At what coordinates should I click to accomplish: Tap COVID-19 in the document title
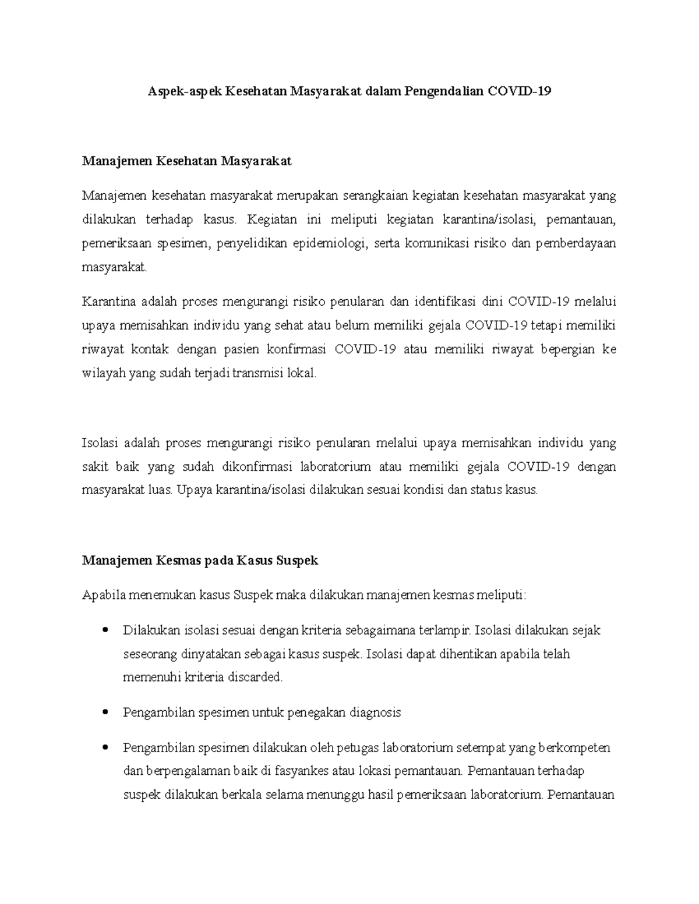coord(520,91)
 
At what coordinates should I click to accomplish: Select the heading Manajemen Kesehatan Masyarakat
coord(186,161)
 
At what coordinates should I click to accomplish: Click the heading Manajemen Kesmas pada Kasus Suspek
coord(200,561)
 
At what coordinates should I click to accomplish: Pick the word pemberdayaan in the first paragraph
coord(576,244)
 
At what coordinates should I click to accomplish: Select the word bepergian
coord(568,349)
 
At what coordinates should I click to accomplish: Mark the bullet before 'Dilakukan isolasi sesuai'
coord(105,630)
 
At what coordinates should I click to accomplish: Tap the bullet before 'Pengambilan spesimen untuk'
coord(105,712)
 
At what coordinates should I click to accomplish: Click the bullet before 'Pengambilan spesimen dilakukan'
coord(105,748)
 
